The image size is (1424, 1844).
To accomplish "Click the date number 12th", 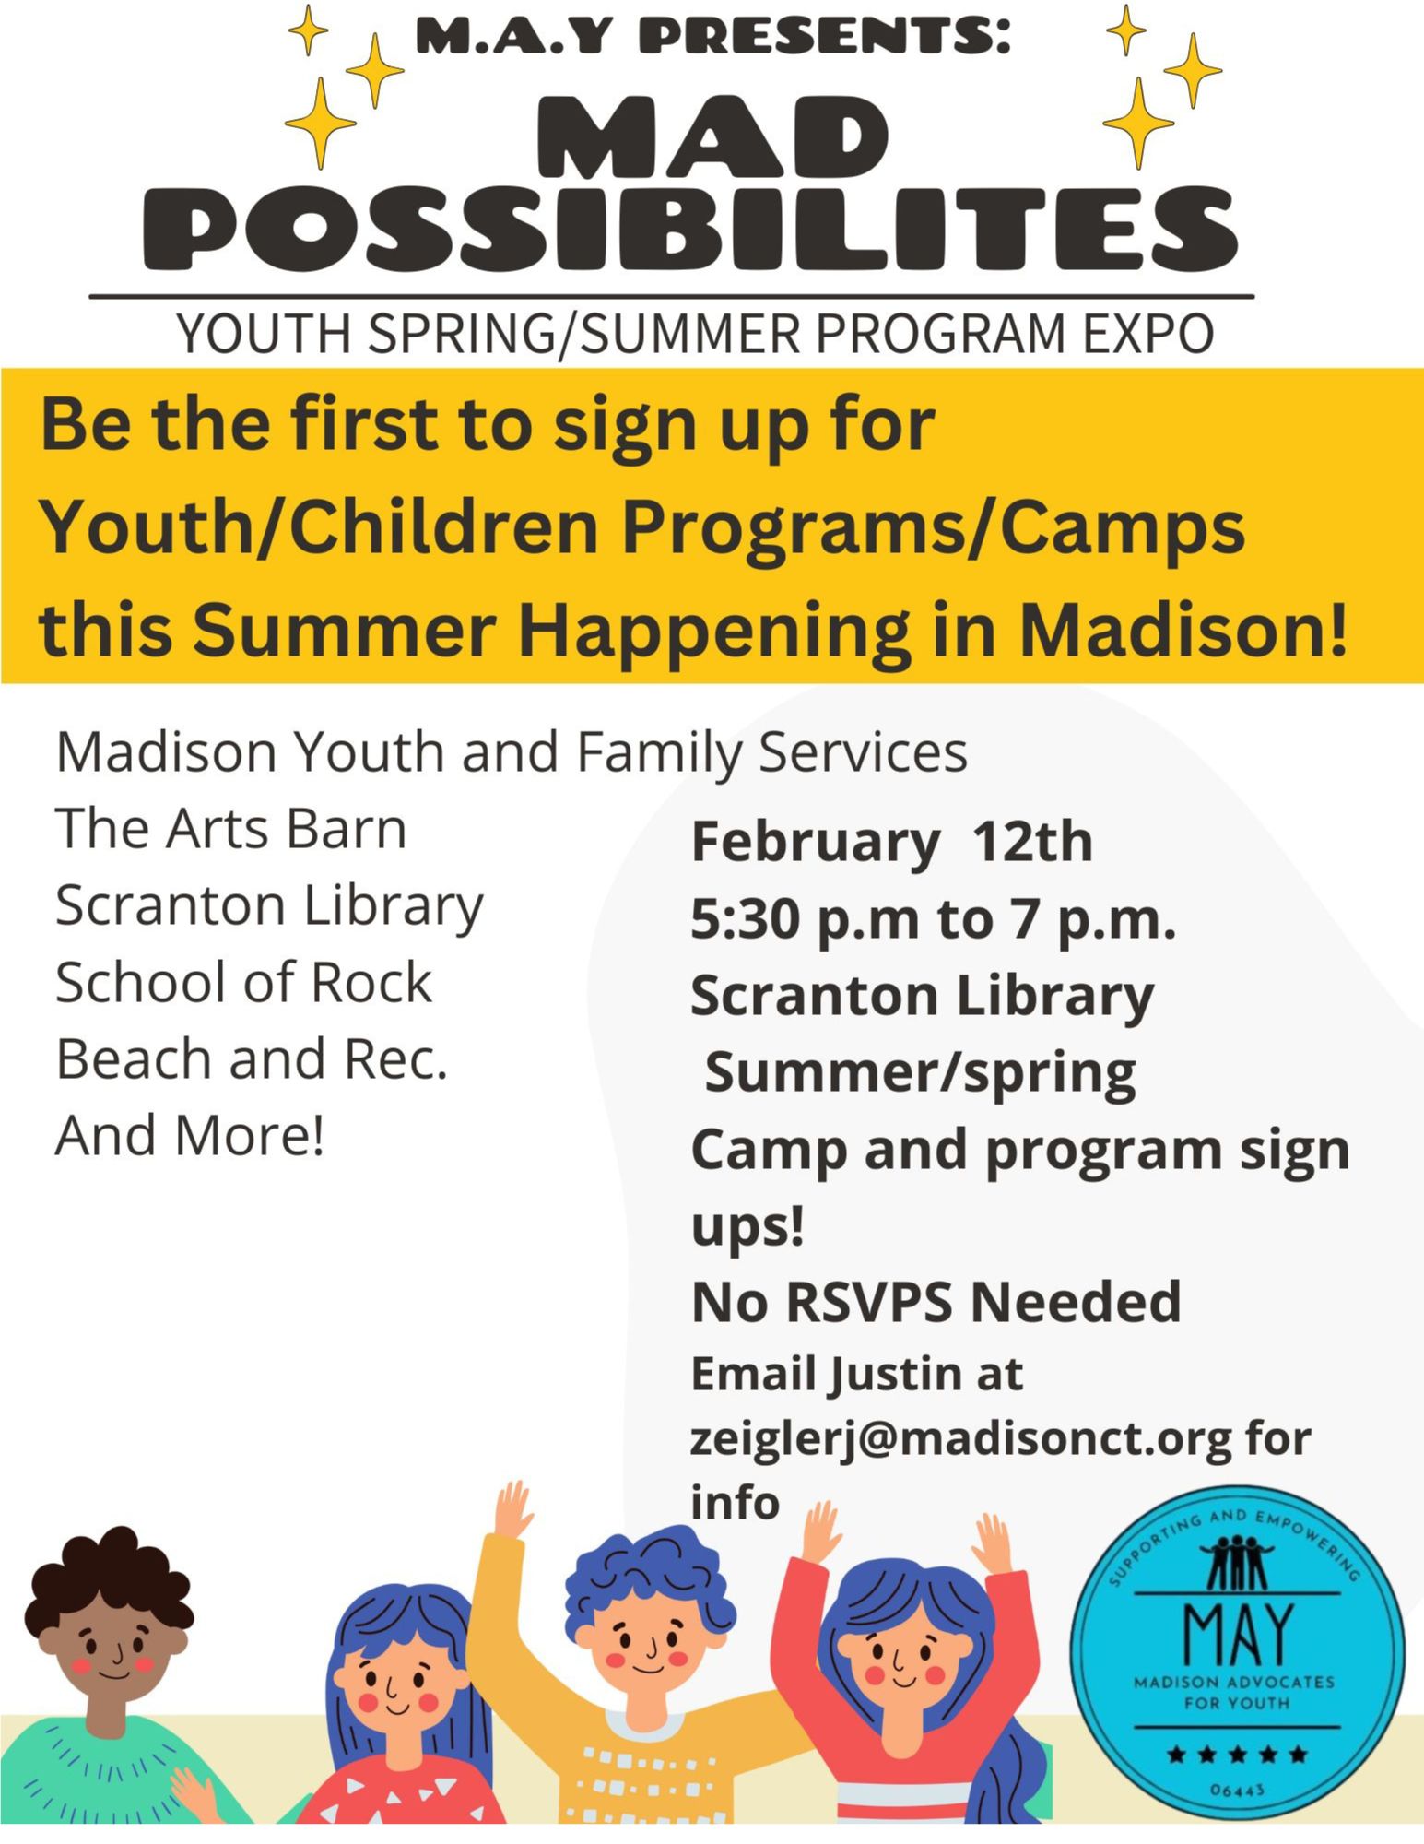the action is click(1032, 841).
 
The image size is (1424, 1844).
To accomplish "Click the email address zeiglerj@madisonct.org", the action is click(961, 1437).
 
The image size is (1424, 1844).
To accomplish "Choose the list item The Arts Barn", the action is click(230, 828).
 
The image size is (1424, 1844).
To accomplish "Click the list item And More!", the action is click(190, 1134).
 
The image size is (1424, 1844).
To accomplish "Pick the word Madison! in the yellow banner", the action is click(1183, 630).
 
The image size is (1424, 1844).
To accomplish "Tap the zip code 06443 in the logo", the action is click(1238, 1790).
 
